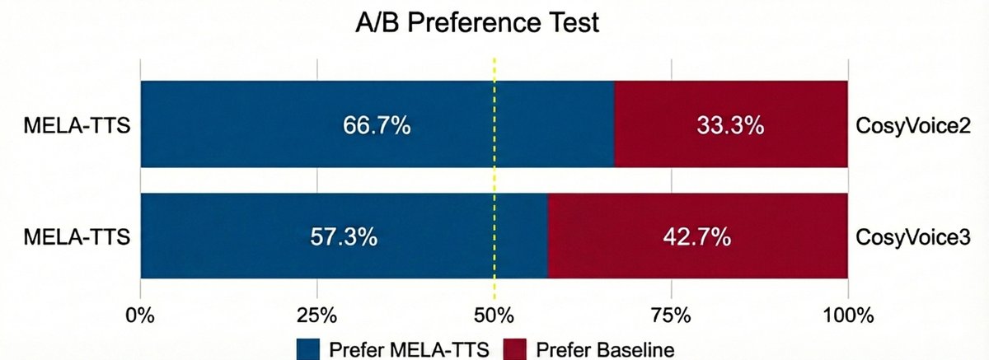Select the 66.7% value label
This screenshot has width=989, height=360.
pyautogui.click(x=377, y=126)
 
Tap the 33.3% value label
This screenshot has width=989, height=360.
pyautogui.click(x=730, y=126)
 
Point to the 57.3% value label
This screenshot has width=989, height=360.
pyautogui.click(x=344, y=237)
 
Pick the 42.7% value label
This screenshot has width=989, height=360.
pyautogui.click(x=697, y=237)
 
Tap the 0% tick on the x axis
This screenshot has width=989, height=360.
pyautogui.click(x=141, y=315)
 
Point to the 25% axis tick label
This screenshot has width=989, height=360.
pyautogui.click(x=317, y=315)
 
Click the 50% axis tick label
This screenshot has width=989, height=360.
pyautogui.click(x=494, y=315)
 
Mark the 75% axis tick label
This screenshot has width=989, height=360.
pyautogui.click(x=671, y=315)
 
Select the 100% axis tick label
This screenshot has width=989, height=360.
pyautogui.click(x=848, y=315)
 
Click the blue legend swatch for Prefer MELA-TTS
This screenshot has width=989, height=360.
pyautogui.click(x=307, y=348)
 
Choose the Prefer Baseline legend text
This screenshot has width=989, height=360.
pyautogui.click(x=605, y=349)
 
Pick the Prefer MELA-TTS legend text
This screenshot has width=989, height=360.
pyautogui.click(x=409, y=349)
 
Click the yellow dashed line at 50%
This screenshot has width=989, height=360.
pyautogui.click(x=494, y=181)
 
